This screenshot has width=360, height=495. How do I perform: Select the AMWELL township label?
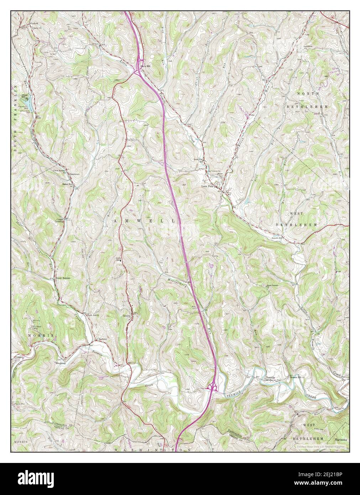[145, 221]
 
